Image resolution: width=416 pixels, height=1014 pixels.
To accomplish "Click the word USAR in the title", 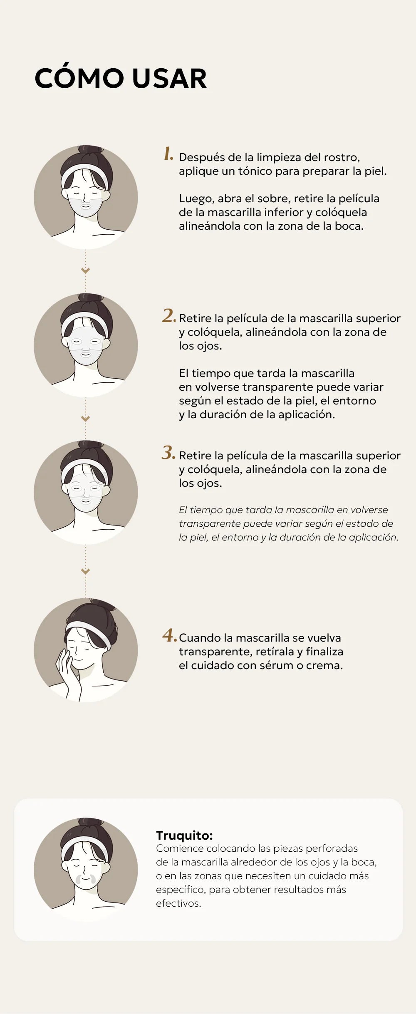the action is click(169, 78).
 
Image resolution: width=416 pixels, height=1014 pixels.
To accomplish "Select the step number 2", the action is click(169, 315).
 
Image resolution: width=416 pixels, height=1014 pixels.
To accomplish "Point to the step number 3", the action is click(169, 453).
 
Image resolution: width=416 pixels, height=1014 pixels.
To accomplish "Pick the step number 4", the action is click(169, 635).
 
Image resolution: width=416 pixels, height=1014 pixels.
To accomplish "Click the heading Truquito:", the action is click(184, 835).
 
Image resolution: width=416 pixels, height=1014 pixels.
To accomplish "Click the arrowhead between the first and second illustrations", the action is click(86, 271).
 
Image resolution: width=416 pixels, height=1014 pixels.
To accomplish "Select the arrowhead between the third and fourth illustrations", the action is click(86, 572).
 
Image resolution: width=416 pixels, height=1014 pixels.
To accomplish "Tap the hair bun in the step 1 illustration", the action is click(87, 150).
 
